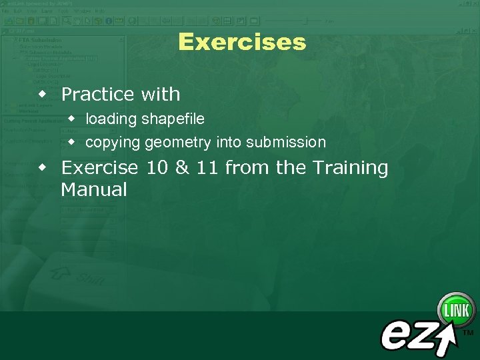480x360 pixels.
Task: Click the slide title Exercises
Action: pyautogui.click(x=241, y=42)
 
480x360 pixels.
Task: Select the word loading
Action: pyautogui.click(x=111, y=119)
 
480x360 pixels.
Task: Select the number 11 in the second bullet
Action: pyautogui.click(x=207, y=167)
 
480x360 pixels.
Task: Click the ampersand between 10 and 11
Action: pyautogui.click(x=182, y=167)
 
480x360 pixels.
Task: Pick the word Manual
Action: pyautogui.click(x=93, y=190)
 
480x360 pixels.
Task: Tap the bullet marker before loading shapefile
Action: pyautogui.click(x=72, y=119)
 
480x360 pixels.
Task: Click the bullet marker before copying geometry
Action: pyautogui.click(x=72, y=142)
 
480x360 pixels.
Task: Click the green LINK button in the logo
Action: pyautogui.click(x=456, y=310)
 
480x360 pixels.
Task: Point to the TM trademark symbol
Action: pyautogui.click(x=468, y=331)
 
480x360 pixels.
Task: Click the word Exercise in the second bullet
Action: pyautogui.click(x=99, y=167)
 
